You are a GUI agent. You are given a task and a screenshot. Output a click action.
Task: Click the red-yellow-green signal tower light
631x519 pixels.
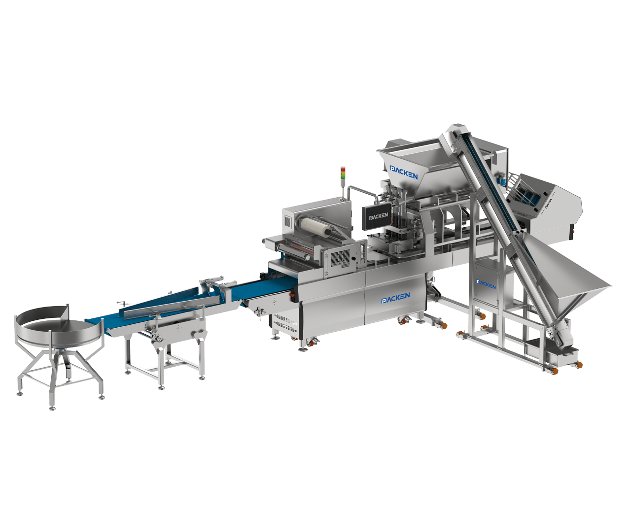[343, 174]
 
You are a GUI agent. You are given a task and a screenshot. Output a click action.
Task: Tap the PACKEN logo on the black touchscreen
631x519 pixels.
[379, 216]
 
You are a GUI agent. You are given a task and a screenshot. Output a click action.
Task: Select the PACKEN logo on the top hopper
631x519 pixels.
[404, 173]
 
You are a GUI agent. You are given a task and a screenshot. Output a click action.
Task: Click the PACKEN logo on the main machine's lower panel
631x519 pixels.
[395, 298]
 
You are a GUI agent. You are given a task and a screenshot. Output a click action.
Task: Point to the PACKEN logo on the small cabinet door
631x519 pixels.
[486, 284]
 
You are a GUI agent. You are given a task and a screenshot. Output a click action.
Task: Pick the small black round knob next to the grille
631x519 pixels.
[353, 258]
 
